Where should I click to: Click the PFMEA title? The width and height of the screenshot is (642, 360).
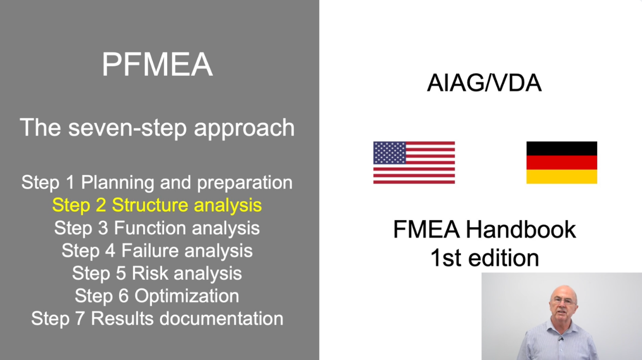pos(157,64)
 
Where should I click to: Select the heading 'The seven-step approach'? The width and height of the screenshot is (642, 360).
pos(157,128)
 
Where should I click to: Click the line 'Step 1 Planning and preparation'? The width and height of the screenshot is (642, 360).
pos(157,183)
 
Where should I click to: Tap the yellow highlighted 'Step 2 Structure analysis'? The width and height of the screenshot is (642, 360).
pos(157,205)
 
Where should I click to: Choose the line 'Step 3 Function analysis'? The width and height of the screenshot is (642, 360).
pos(157,228)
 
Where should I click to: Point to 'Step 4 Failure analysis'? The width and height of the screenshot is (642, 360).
pos(157,250)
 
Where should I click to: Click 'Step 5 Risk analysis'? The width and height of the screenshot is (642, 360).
pos(157,273)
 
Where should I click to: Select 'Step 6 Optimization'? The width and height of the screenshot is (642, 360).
pos(157,296)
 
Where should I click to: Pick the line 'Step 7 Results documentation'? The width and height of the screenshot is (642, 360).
pos(157,318)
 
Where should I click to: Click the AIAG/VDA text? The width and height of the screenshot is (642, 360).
pos(484,82)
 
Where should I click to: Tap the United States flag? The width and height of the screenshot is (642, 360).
pos(414,163)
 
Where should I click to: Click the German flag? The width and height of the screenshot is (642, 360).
pos(561,163)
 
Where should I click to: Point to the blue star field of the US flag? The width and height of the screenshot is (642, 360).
pos(390,153)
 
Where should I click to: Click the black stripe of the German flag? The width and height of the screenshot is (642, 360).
pos(561,149)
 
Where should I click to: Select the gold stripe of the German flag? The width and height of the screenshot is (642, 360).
pos(561,177)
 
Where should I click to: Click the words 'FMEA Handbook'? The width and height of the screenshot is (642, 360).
pos(484,229)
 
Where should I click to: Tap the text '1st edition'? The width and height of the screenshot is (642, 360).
pos(484,258)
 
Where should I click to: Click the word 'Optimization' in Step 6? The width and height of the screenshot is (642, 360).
pos(187,296)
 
